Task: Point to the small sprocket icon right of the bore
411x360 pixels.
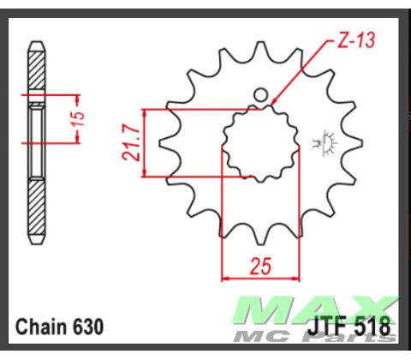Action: pos(325,142)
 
